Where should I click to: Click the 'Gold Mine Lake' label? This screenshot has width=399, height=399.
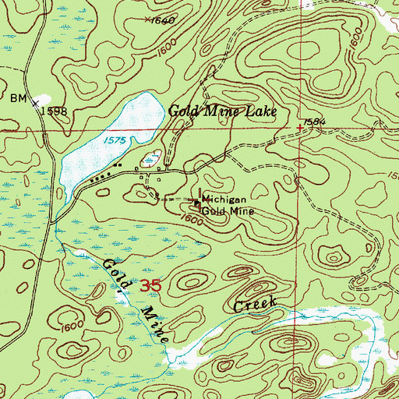click(x=223, y=112)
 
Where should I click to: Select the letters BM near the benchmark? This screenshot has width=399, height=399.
click(x=18, y=99)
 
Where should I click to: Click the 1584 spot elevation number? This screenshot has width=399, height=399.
click(x=315, y=122)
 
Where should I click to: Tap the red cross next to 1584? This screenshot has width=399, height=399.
click(x=300, y=128)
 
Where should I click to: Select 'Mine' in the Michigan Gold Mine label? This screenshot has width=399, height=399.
click(x=240, y=210)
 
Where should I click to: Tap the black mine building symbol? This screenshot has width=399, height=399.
click(x=196, y=204)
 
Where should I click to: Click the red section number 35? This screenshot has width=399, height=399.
click(x=150, y=287)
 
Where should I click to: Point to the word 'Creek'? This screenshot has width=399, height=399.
click(x=255, y=305)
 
